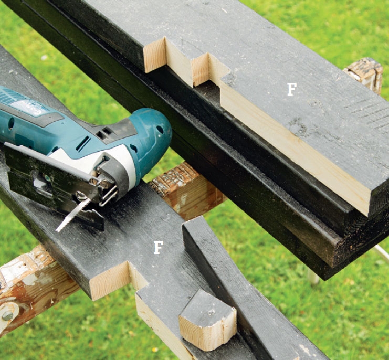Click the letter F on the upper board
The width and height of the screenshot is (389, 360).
coord(292,89)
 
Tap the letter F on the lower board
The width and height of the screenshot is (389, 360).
coord(159,248)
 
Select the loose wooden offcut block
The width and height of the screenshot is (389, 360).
coord(208,321)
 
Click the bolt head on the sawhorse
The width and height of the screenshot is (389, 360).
coord(7,316)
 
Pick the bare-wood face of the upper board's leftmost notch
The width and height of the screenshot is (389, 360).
coord(154,55)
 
